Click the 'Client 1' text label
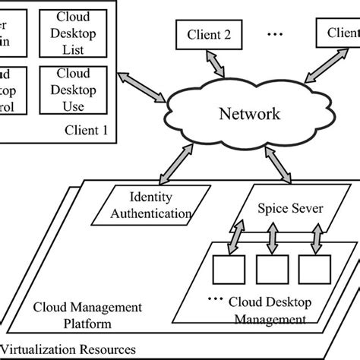coord(86,130)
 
